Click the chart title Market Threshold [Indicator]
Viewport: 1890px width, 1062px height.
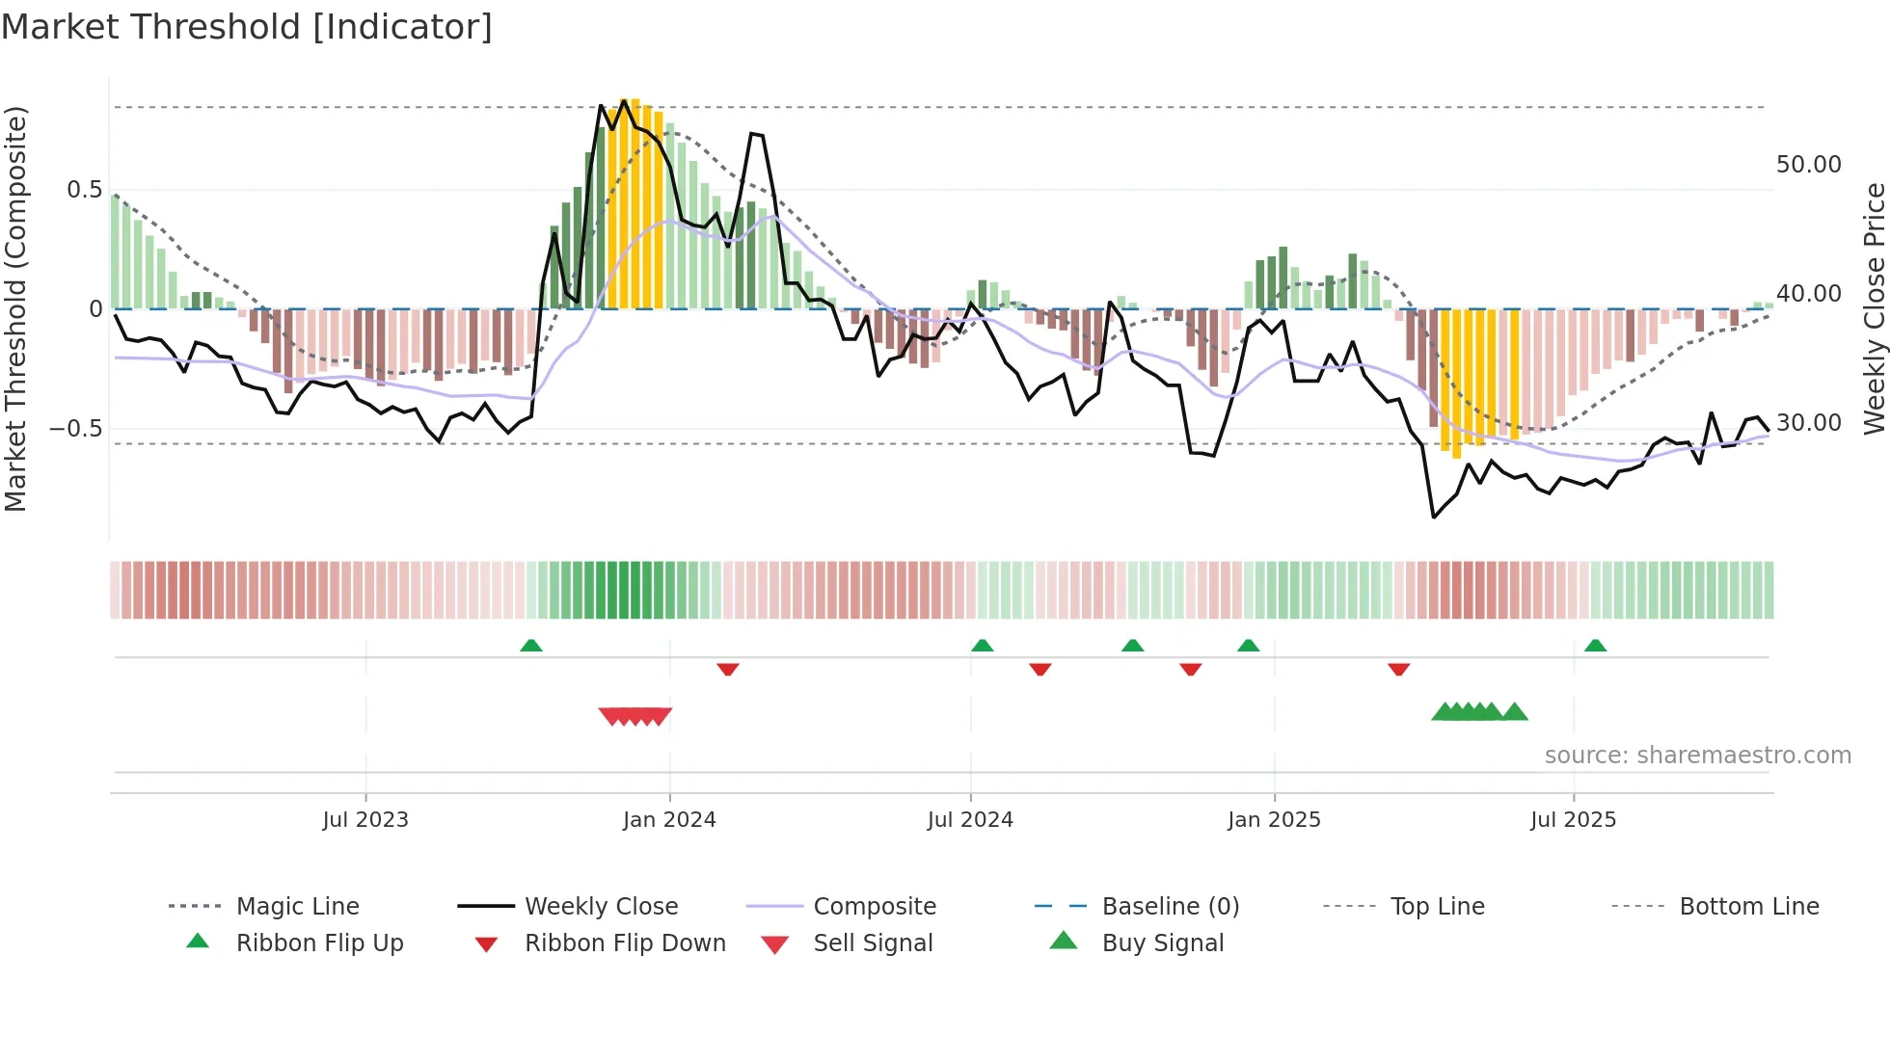[247, 27]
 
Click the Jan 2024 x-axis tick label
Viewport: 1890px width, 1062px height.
[669, 820]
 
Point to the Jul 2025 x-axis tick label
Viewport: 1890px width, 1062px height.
[1573, 820]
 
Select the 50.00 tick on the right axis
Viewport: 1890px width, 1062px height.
[1808, 165]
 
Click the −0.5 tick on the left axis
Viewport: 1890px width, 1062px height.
[75, 428]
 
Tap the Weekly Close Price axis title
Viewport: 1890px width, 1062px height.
[1874, 308]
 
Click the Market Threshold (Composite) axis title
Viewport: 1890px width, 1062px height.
[15, 308]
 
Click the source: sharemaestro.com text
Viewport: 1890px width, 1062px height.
[1697, 756]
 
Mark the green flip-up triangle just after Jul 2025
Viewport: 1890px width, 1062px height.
[1595, 646]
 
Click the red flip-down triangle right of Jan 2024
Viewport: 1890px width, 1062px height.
[728, 669]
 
